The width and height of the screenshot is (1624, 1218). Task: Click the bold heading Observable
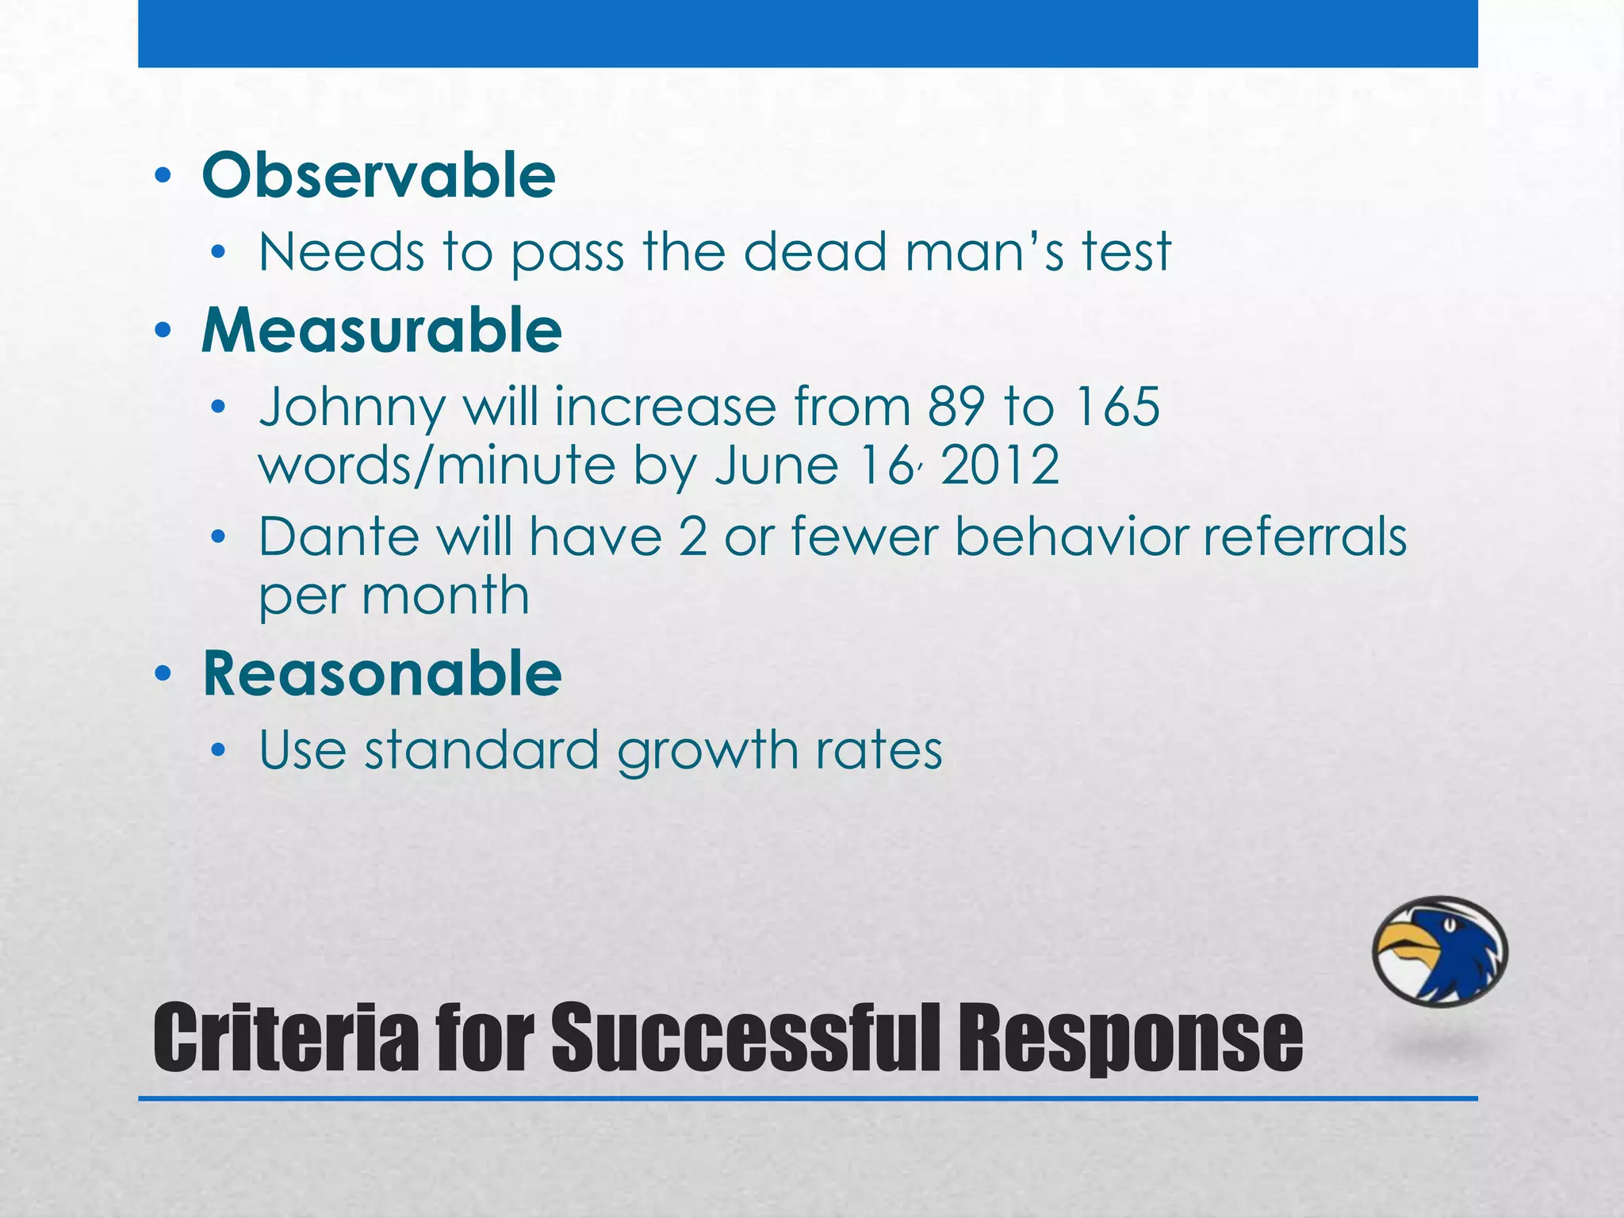(378, 175)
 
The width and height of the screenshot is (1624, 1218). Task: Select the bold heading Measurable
(381, 330)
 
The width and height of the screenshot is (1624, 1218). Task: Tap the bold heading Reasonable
(381, 673)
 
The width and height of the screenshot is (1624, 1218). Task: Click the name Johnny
(353, 408)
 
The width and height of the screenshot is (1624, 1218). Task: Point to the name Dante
(339, 537)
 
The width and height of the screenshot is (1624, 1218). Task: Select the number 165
(1117, 407)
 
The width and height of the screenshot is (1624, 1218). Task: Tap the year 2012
(1000, 465)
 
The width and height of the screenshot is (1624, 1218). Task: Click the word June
(776, 465)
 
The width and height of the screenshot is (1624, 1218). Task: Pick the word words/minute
(437, 465)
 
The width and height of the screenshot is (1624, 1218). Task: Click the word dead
(814, 252)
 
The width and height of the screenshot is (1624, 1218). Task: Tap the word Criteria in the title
(285, 1038)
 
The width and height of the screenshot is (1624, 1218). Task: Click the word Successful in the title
(748, 1038)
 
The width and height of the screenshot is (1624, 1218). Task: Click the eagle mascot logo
(1439, 952)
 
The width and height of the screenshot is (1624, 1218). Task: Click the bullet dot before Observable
(163, 176)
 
